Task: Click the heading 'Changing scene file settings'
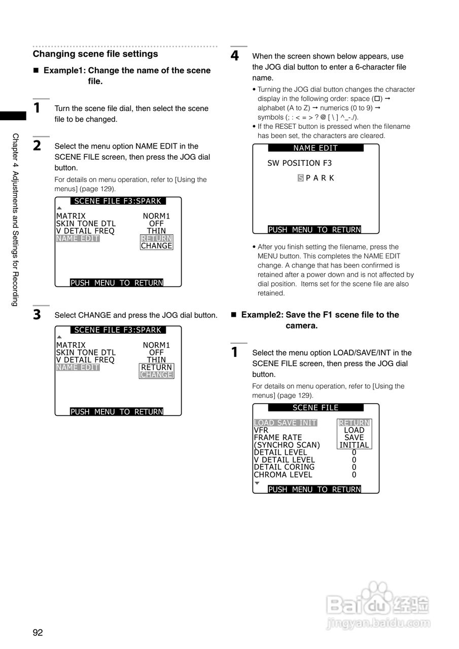[95, 54]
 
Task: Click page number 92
[38, 632]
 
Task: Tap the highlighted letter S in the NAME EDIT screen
[301, 178]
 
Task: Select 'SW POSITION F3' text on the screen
[300, 163]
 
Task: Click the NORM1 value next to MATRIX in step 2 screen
[156, 217]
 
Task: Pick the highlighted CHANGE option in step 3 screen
[157, 375]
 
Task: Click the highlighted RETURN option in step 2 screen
[157, 238]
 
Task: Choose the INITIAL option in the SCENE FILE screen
[354, 445]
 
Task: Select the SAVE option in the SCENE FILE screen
[354, 438]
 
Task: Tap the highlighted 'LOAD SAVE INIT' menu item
[285, 423]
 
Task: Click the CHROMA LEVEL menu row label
[283, 475]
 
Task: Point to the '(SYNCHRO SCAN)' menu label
[287, 445]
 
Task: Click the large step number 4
[235, 56]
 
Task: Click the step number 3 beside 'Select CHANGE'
[37, 315]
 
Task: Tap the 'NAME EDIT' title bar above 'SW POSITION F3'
[315, 148]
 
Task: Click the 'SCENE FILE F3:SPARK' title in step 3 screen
[118, 330]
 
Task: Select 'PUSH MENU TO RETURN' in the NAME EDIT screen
[314, 230]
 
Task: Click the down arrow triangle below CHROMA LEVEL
[257, 483]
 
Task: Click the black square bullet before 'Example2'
[234, 315]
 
